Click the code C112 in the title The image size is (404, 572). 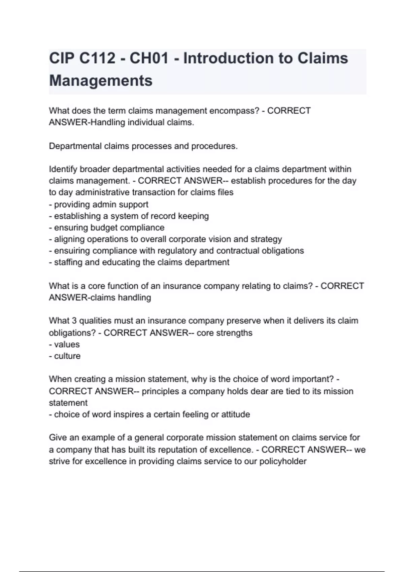pos(97,58)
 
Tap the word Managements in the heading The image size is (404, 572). pos(101,81)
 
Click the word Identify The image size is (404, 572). pos(63,169)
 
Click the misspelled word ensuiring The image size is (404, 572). pos(72,251)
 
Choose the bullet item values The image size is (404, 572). pos(67,344)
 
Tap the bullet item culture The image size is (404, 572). pos(67,356)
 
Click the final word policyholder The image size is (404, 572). pos(282,461)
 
